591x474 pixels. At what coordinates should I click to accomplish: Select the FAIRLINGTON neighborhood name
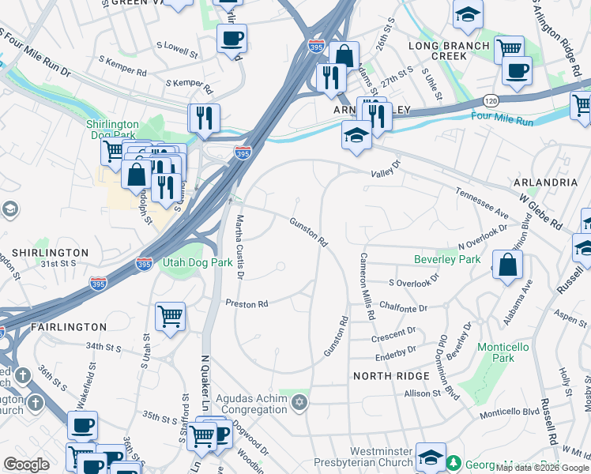tap(68, 326)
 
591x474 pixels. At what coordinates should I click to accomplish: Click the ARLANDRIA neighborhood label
tap(545, 182)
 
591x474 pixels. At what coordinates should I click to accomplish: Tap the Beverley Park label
tap(446, 259)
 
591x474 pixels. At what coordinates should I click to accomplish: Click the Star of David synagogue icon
tap(298, 404)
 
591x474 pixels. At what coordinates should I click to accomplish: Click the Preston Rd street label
tap(247, 303)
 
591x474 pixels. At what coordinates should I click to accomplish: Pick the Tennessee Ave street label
tap(480, 202)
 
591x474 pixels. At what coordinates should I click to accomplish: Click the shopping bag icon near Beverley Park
tap(506, 265)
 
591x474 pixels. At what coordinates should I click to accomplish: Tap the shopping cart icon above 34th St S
tap(170, 317)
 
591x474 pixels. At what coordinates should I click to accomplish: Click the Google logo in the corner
tap(26, 465)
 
